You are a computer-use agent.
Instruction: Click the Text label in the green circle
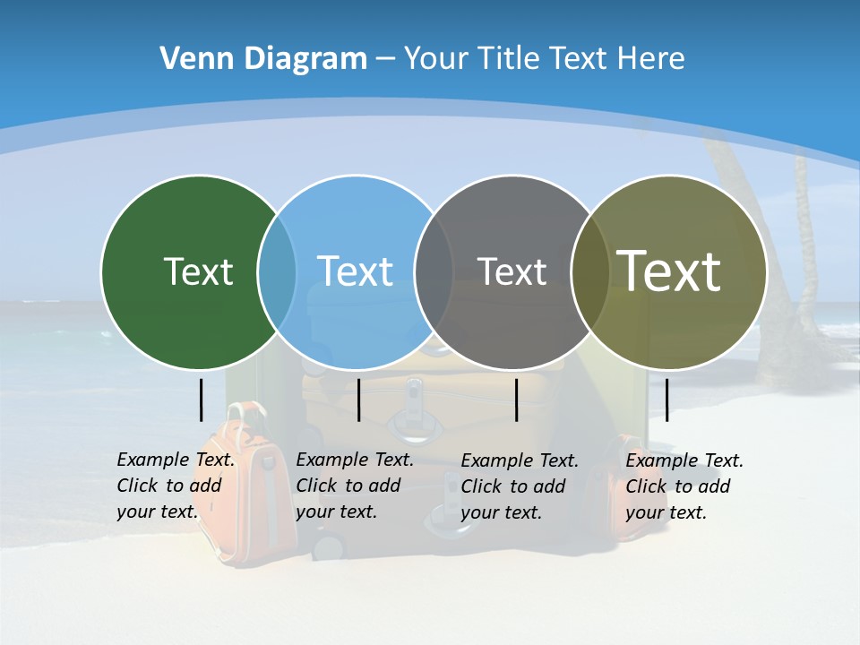(198, 271)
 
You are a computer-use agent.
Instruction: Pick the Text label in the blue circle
(356, 271)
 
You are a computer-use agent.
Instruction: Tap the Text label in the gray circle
(512, 271)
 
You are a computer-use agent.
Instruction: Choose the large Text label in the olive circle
(669, 271)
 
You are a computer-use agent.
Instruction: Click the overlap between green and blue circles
(277, 272)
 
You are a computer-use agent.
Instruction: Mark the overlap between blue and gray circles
(434, 272)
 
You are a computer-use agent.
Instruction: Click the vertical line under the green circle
(201, 400)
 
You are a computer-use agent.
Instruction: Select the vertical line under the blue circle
(358, 400)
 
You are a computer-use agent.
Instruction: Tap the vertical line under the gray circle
(516, 400)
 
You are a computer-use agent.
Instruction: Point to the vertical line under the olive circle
(666, 400)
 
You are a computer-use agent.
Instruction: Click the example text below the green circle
(176, 486)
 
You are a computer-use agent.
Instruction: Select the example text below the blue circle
(355, 486)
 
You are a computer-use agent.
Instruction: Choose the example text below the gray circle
(520, 486)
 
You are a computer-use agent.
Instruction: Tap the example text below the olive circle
(684, 486)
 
